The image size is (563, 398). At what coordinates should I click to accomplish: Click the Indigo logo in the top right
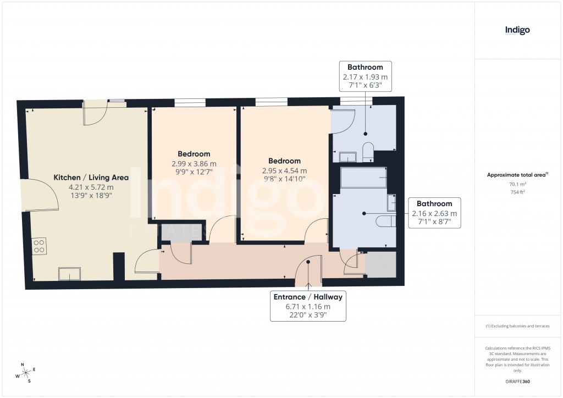[x=517, y=31]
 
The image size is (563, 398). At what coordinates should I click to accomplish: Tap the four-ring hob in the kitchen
[x=40, y=246]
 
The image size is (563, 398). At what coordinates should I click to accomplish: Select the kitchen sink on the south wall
[x=70, y=273]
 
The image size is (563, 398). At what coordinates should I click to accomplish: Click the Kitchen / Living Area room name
[x=91, y=178]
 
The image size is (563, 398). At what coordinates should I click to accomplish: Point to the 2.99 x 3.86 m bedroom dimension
[x=194, y=164]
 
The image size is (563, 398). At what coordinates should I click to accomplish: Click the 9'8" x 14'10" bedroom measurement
[x=284, y=179]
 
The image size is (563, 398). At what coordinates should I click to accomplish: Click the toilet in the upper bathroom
[x=368, y=150]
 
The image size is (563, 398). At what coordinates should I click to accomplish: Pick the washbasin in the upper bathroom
[x=349, y=157]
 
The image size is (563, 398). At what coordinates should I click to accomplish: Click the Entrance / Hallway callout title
[x=308, y=297]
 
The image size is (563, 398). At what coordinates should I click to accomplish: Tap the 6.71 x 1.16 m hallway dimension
[x=308, y=306]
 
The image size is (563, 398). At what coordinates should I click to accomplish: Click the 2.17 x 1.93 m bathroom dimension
[x=365, y=78]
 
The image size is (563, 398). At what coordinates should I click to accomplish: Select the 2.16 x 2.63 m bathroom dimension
[x=434, y=213]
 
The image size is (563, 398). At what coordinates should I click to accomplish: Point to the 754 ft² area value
[x=517, y=192]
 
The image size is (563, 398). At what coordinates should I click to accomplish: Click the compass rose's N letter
[x=23, y=364]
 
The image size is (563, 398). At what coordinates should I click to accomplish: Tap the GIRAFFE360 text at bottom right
[x=517, y=382]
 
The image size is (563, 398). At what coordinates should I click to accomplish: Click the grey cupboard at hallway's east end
[x=381, y=264]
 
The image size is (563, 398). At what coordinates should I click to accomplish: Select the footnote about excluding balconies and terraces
[x=517, y=326]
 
